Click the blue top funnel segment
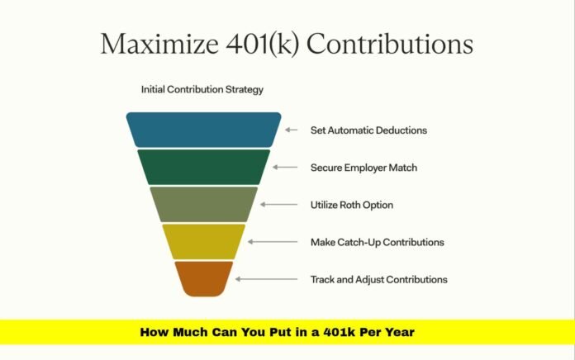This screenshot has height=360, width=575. [203, 130]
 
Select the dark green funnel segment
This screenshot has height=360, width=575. [203, 167]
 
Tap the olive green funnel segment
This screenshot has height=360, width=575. [203, 204]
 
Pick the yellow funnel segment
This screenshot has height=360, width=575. [203, 241]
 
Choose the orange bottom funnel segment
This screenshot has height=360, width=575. [203, 277]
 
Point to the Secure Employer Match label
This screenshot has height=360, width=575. [364, 168]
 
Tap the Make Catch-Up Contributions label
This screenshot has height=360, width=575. [378, 242]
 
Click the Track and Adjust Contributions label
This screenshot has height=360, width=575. [378, 279]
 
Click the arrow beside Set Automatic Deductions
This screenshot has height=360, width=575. [290, 130]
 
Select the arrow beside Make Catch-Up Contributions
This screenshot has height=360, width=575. [265, 241]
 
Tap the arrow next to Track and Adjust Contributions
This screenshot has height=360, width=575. [253, 279]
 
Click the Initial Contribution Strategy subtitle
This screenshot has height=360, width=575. [202, 89]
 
